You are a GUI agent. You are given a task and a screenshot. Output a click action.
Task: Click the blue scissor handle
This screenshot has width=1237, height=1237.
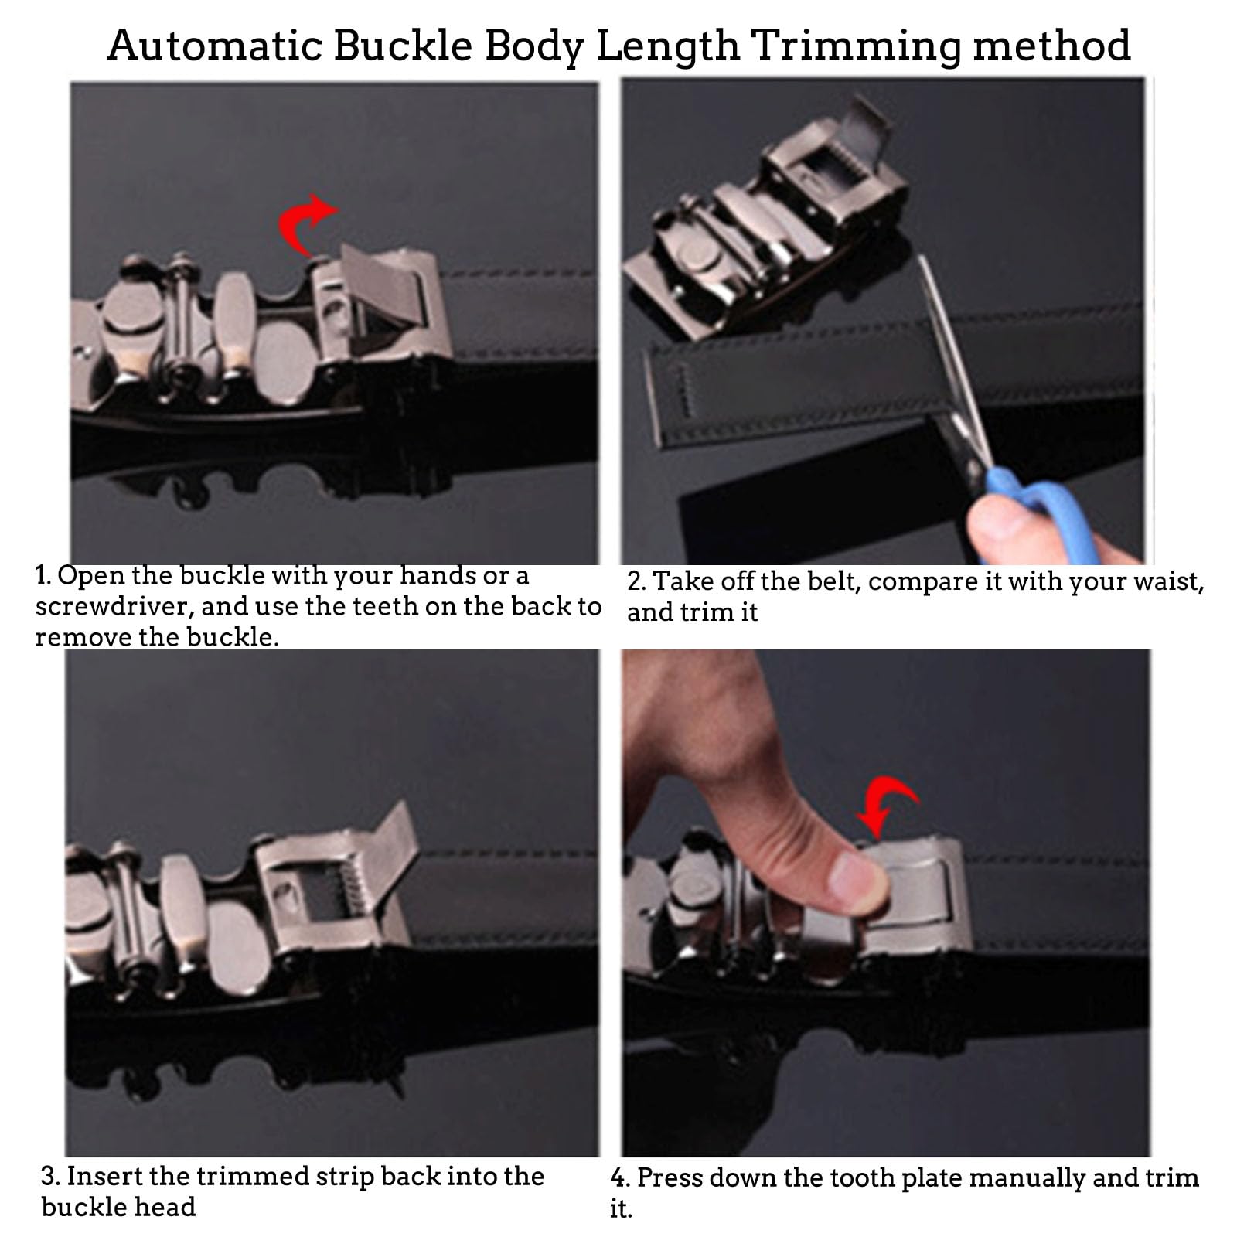pyautogui.click(x=1028, y=510)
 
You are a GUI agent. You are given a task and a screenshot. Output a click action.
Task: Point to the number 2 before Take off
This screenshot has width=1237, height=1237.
pyautogui.click(x=636, y=581)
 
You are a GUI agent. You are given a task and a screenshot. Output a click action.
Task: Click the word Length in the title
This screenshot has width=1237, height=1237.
pyautogui.click(x=668, y=46)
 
